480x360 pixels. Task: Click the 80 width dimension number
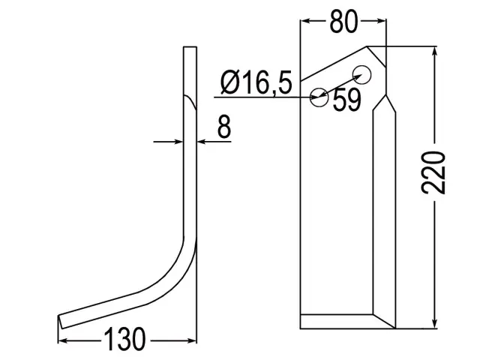point(343,22)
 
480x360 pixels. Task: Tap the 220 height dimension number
point(433,172)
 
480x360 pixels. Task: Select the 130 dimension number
point(124,340)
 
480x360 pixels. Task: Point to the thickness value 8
point(224,126)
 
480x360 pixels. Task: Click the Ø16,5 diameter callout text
point(256,82)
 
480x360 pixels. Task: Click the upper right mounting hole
point(362,74)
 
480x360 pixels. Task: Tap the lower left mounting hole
point(319,97)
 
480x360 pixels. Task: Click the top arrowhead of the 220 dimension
point(434,52)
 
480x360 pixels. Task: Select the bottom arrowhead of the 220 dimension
point(434,323)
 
